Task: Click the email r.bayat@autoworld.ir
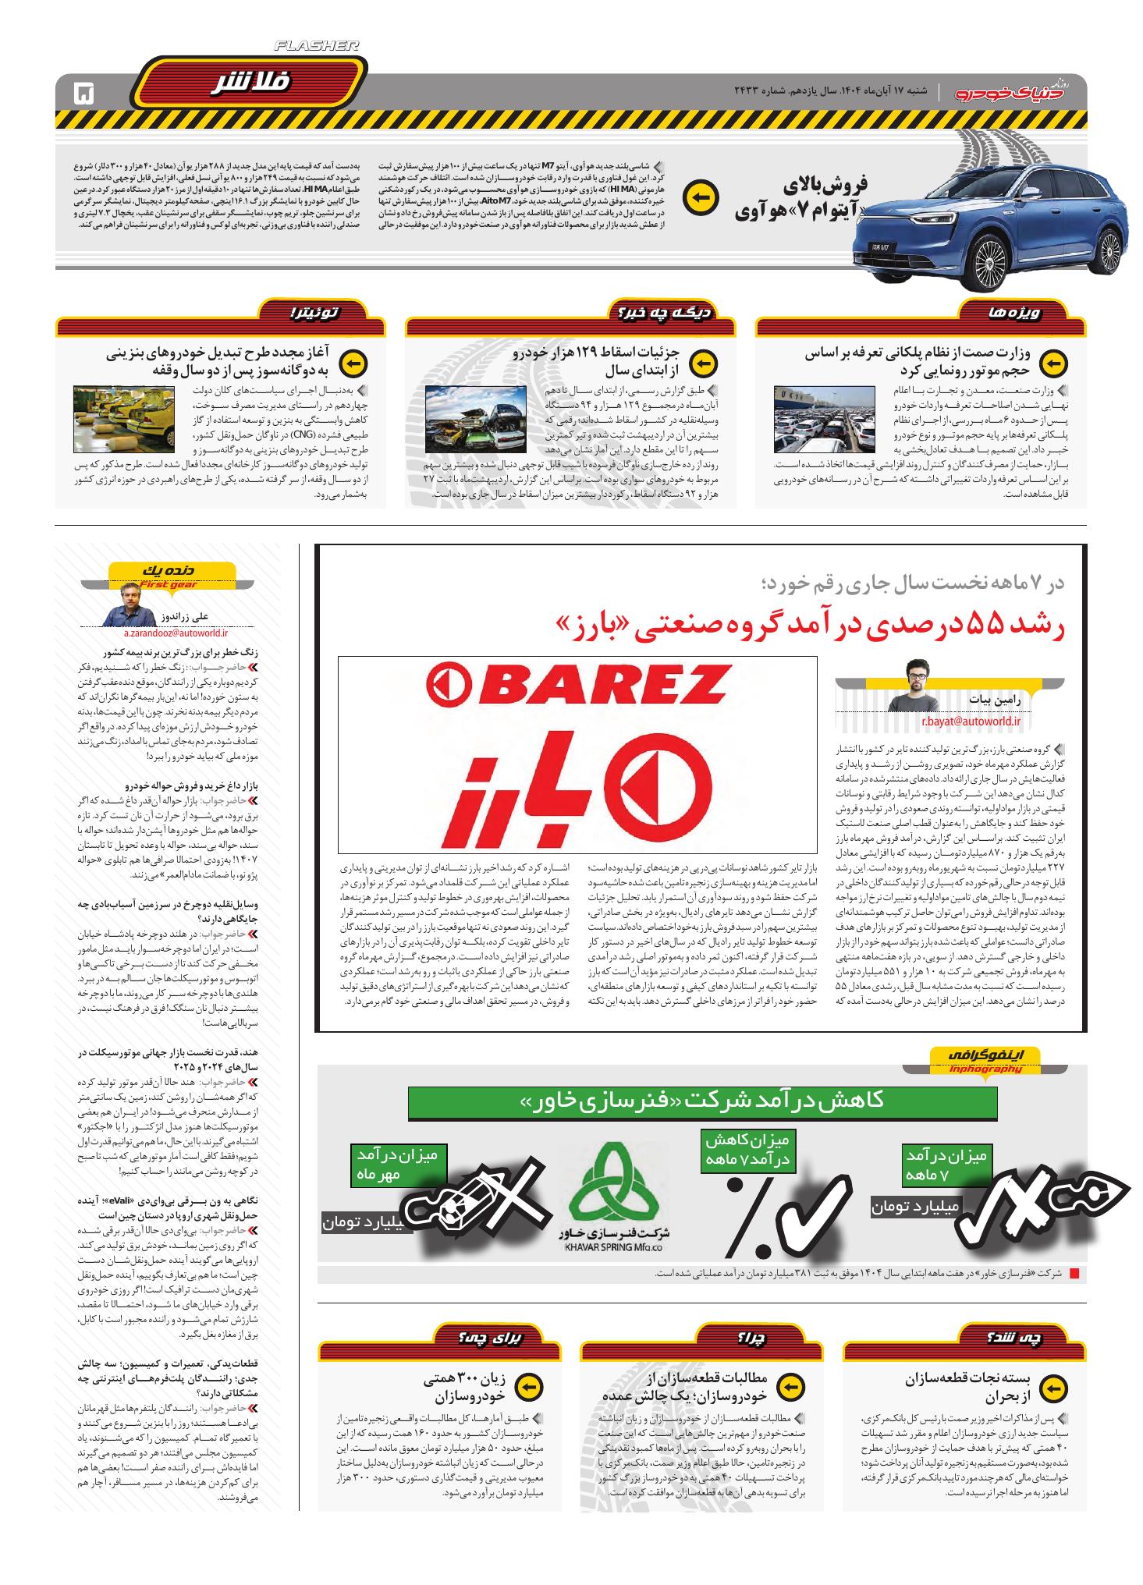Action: (971, 722)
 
